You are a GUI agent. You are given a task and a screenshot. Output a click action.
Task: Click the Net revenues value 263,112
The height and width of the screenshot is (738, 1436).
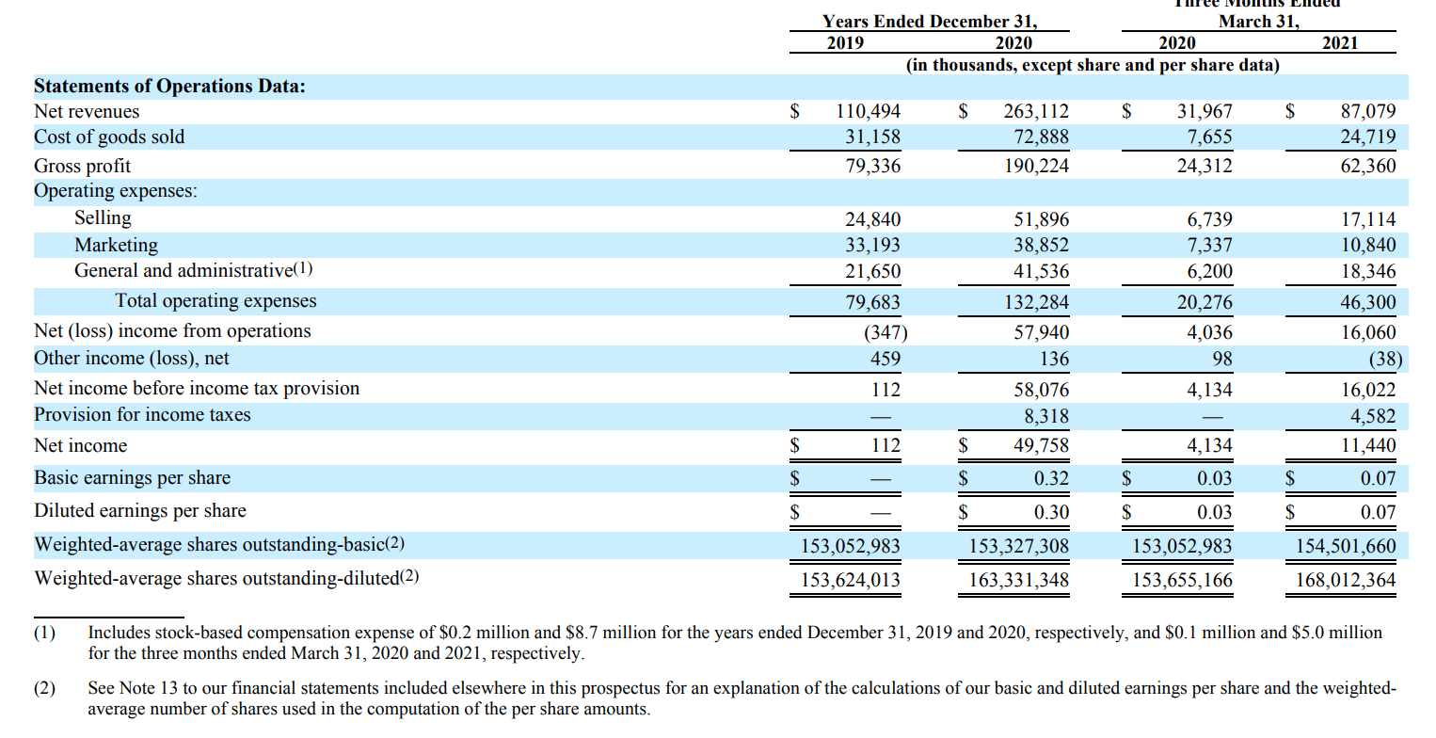coord(1036,111)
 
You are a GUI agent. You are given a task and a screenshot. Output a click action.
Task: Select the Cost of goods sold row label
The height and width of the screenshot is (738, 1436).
coord(109,137)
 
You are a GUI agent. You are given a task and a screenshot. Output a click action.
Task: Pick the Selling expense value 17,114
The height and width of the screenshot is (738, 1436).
coord(1368,219)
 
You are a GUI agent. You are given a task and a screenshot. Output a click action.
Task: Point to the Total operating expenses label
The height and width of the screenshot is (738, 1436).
coord(215,301)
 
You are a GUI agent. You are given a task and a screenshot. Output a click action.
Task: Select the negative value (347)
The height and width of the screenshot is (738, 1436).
coord(885,332)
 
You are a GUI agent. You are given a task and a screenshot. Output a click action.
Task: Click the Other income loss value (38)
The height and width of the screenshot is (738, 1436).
coord(1380,359)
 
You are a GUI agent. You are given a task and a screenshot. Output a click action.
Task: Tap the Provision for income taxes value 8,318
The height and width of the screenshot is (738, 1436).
coord(1046,416)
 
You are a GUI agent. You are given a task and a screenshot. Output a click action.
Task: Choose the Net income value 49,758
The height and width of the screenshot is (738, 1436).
coord(1041,445)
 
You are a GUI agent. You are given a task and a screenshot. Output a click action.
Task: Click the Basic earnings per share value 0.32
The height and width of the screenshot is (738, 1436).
coord(1051,478)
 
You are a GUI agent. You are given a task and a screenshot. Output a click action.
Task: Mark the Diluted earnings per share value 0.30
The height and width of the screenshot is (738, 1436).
coord(1051,512)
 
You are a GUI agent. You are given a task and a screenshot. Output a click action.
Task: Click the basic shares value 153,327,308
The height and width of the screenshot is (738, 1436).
coord(1019,546)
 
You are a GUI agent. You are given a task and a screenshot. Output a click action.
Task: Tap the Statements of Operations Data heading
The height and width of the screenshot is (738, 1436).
coord(169,87)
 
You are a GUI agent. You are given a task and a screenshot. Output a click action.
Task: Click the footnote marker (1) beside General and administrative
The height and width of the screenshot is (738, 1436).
coord(303,270)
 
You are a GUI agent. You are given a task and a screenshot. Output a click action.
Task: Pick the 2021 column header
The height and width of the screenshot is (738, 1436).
coord(1339,43)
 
